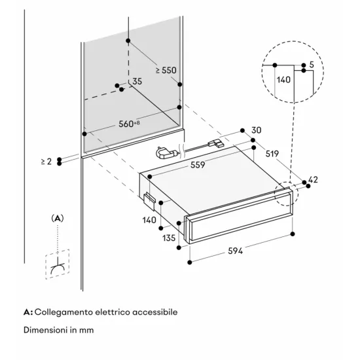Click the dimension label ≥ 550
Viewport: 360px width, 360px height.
[166, 69]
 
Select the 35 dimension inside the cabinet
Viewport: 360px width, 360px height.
[137, 81]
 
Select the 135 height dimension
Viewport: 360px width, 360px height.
[169, 238]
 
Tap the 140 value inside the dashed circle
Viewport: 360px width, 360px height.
[283, 79]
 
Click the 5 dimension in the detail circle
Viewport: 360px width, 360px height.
[312, 65]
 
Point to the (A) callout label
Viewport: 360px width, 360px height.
[57, 217]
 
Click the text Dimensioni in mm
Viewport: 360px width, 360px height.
[58, 330]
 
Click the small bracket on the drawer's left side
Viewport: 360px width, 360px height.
[150, 198]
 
